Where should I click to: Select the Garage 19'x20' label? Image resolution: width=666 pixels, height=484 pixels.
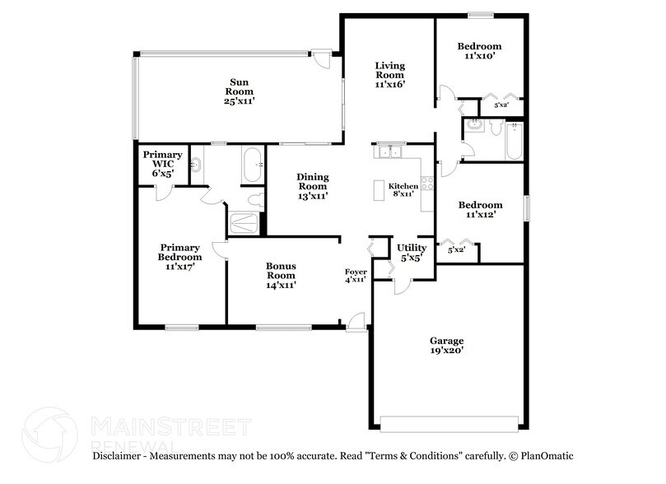[446, 345]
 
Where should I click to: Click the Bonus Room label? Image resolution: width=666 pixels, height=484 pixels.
[281, 275]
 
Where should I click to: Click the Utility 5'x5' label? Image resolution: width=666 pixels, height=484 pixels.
[412, 252]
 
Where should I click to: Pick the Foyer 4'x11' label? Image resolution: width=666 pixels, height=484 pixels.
[356, 275]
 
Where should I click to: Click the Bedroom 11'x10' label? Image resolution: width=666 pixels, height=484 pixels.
[479, 52]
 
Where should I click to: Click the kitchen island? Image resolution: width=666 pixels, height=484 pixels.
[380, 191]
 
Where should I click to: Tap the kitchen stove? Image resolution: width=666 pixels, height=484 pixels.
[427, 183]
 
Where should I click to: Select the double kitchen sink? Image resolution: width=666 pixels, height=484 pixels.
[388, 151]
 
